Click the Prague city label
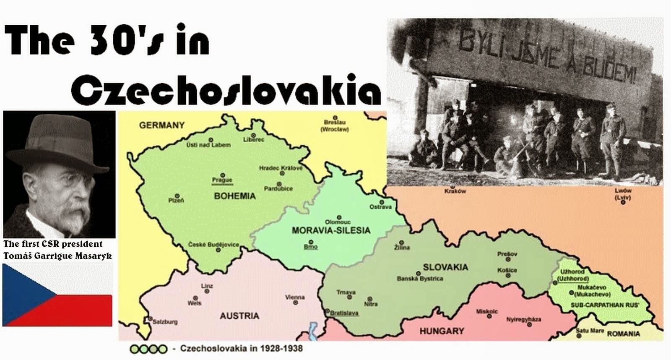coord(222,180)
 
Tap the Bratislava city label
coord(344,313)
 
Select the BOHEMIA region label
coord(234,196)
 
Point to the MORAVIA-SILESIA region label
coord(331,230)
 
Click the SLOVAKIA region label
coord(445,267)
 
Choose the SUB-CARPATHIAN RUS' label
coord(605,305)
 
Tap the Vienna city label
coord(295,297)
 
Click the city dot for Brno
coord(311,242)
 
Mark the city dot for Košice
coord(508,276)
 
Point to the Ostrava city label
coord(380,207)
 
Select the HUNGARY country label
coord(442,331)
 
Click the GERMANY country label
coord(161,125)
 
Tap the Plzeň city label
coord(176,201)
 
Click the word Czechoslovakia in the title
coord(226,90)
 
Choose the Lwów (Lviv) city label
coord(623,193)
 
